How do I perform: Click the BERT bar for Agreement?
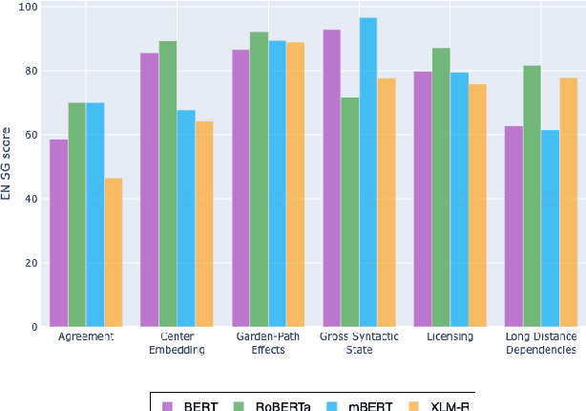coord(59,233)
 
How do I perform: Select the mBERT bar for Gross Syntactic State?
coord(368,172)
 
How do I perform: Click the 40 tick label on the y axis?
coord(30,199)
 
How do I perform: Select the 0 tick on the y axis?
coord(33,327)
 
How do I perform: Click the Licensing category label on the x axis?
coord(450,337)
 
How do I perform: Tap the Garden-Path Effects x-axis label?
coord(268,343)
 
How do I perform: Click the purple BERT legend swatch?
coord(168,405)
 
